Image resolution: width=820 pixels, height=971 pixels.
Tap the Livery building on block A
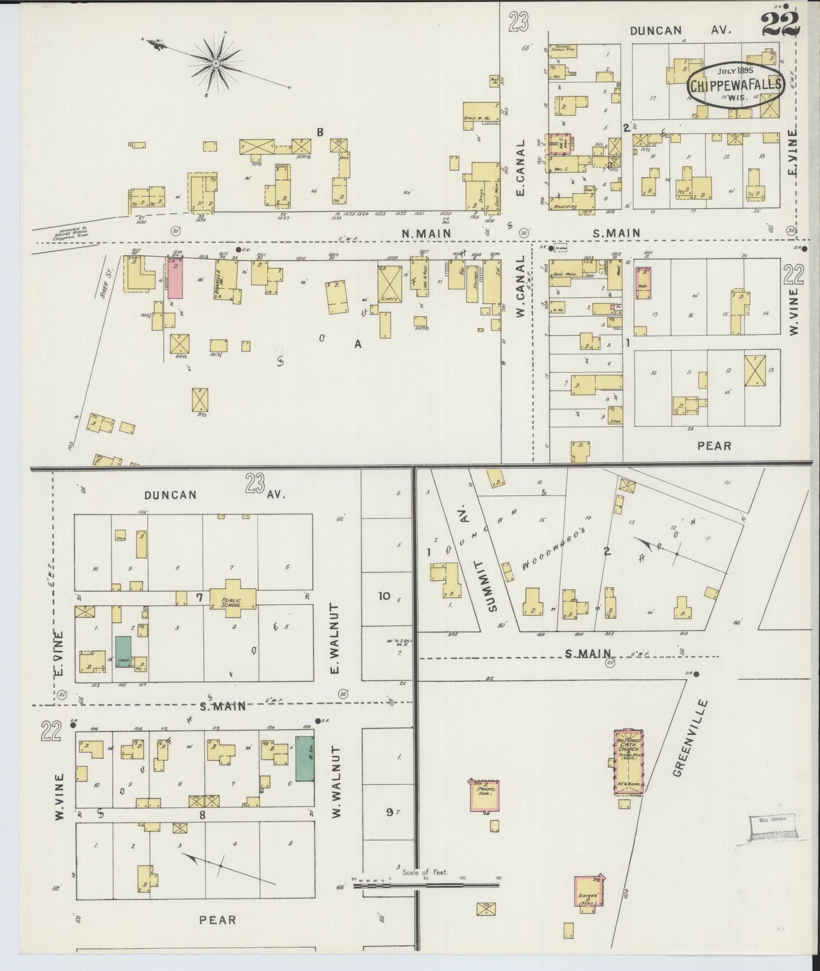(391, 283)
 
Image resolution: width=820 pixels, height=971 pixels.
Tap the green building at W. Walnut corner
(305, 758)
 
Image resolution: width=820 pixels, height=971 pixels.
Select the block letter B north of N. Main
(320, 132)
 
